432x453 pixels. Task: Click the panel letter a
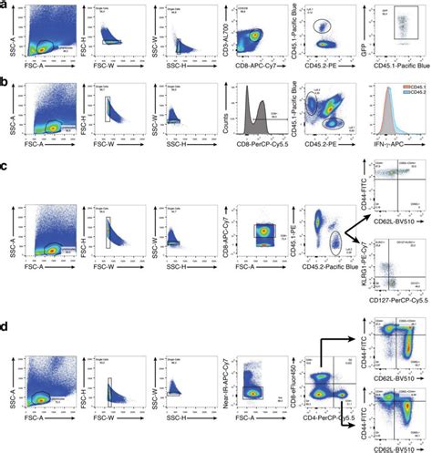(5, 6)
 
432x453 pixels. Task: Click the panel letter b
(5, 83)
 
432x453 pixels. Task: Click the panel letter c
(5, 170)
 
